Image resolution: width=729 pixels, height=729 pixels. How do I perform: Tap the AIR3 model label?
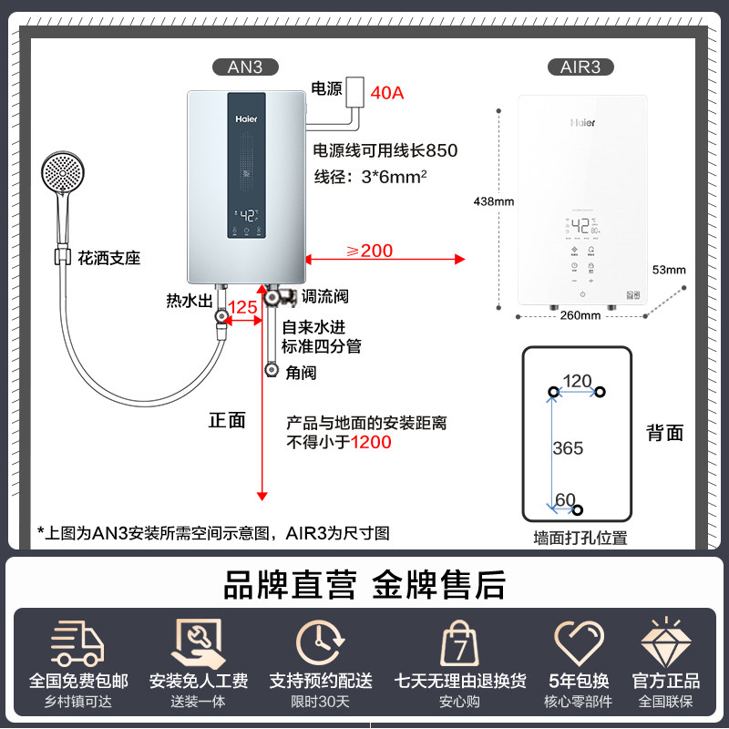[580, 67]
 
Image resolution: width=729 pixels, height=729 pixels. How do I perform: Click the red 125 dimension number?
[242, 307]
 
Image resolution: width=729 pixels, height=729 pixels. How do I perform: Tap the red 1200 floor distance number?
[374, 442]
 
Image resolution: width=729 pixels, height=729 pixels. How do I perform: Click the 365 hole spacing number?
[568, 448]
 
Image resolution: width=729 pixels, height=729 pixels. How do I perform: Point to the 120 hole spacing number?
[577, 381]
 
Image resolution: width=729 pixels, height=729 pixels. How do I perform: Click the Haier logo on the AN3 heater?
[247, 118]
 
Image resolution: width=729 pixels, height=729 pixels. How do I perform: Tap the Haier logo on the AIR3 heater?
[583, 121]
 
